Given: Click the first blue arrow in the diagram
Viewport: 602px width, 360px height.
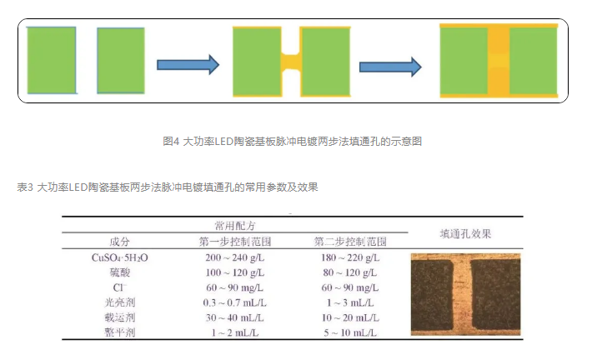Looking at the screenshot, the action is (x=188, y=64).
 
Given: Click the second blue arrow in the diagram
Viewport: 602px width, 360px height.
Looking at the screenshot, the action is (x=390, y=67).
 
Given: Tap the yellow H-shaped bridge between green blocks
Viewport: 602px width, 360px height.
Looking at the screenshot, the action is (x=290, y=62).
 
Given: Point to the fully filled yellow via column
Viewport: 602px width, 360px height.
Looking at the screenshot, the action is (x=499, y=61).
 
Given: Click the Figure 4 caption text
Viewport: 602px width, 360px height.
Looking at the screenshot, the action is (x=292, y=141).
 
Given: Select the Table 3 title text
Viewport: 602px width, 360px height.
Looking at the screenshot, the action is (x=168, y=187).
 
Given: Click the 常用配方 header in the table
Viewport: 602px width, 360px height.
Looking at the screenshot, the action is (x=234, y=225).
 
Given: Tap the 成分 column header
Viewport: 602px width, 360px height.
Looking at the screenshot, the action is (x=119, y=242).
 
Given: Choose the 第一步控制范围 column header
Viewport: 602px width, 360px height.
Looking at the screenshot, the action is (x=234, y=242).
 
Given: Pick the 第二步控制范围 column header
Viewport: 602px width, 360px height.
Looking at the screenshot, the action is (x=349, y=242).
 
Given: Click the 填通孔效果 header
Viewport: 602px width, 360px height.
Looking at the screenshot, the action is (x=465, y=233).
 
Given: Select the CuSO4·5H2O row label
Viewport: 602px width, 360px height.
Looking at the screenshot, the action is (x=119, y=257).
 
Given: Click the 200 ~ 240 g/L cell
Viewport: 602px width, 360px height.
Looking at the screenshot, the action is (x=234, y=257).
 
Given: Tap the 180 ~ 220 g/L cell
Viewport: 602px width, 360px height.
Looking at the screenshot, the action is (x=350, y=257).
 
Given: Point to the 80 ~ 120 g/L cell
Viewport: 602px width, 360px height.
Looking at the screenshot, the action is (x=350, y=272).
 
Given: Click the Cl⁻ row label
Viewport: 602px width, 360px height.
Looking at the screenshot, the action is (x=119, y=287).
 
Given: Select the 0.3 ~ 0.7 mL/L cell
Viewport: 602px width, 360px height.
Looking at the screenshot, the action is (x=234, y=302).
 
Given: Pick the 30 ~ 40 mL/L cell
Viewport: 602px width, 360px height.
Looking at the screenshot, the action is (x=234, y=317).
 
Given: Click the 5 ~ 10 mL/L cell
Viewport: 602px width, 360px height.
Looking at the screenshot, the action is (x=350, y=332).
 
